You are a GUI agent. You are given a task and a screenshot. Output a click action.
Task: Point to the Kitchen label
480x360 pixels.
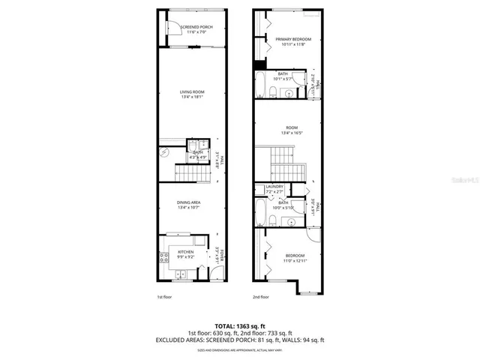(x=185, y=252)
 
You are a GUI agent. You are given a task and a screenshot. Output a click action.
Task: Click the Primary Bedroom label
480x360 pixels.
(x=288, y=39)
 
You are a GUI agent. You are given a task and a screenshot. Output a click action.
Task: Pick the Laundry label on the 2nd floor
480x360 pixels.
(x=273, y=188)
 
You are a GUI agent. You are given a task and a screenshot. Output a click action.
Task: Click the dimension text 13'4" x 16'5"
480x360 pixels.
(x=289, y=133)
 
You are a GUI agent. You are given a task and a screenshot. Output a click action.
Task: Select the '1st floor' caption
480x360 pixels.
(x=165, y=298)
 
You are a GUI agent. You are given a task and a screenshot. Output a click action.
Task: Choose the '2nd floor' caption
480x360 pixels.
(x=260, y=298)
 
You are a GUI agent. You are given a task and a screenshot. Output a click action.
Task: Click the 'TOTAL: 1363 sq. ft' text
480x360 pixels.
(x=240, y=327)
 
